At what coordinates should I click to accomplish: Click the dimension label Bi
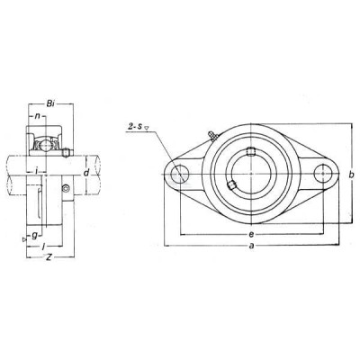click(50, 104)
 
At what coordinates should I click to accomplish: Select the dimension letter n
click(38, 116)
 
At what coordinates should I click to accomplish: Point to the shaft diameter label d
click(86, 173)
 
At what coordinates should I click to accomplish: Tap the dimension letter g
click(35, 236)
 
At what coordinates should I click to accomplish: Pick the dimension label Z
click(49, 257)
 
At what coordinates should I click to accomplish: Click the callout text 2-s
click(136, 127)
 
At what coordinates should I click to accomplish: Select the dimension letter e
click(251, 234)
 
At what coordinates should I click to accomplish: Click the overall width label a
click(252, 246)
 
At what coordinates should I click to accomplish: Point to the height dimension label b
click(352, 175)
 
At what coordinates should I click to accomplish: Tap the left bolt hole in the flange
click(180, 174)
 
